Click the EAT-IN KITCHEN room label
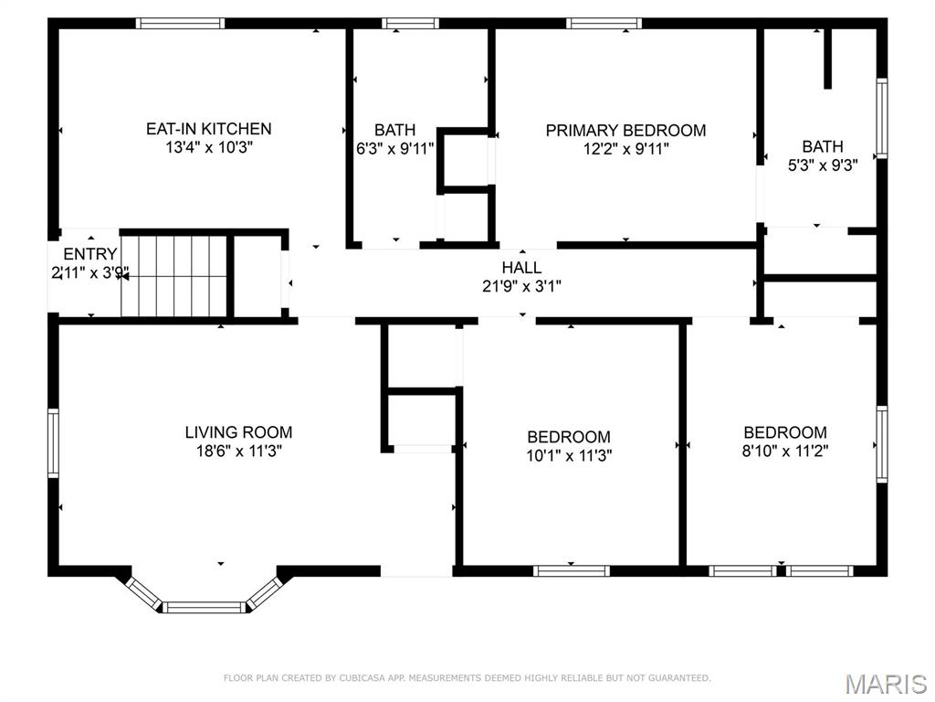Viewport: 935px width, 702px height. (209, 128)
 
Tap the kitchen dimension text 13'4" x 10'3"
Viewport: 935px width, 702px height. (209, 147)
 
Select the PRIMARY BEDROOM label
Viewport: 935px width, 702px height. (625, 130)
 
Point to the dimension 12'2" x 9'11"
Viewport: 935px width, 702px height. (626, 149)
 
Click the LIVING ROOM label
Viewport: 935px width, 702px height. (238, 431)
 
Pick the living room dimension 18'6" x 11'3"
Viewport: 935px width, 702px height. (239, 451)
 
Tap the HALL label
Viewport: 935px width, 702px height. (521, 268)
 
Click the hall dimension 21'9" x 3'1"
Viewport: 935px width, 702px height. (521, 286)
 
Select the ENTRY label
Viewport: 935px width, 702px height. (90, 254)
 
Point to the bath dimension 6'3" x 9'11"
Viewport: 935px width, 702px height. (394, 149)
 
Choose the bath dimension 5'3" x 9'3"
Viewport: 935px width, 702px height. (823, 165)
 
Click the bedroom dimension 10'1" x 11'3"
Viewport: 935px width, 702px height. (569, 456)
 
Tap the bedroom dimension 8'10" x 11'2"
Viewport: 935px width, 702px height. (785, 451)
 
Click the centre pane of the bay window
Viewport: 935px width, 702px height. (204, 608)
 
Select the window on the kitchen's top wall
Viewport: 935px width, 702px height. (180, 23)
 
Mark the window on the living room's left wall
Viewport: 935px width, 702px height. (53, 443)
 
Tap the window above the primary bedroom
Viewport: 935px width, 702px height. (604, 23)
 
